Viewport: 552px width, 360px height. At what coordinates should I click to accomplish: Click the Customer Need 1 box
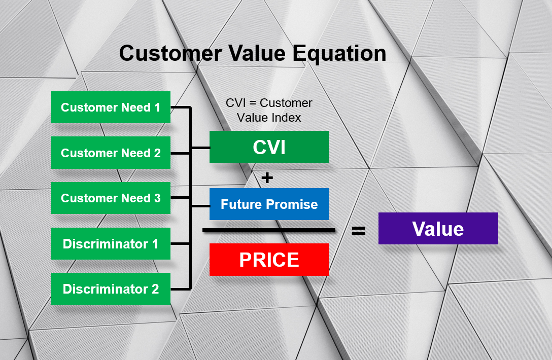[111, 107]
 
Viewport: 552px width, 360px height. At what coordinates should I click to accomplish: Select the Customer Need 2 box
[111, 153]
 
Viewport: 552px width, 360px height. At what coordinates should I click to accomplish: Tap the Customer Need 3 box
[111, 198]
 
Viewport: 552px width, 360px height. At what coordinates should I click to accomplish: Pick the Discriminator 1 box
[111, 243]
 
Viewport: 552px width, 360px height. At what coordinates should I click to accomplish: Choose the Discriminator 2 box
[111, 289]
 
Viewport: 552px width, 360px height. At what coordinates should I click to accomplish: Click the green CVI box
[269, 147]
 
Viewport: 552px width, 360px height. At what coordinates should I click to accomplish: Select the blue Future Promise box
[269, 204]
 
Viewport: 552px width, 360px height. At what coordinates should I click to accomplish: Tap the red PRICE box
[269, 260]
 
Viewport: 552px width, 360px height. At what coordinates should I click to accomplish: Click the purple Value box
[438, 229]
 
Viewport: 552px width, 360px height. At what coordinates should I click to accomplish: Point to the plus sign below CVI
[267, 177]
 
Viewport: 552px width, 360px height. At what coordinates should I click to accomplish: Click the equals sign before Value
[358, 231]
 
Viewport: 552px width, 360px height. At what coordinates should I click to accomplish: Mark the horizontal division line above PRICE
[269, 231]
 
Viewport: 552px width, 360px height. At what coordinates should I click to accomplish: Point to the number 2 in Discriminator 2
[155, 289]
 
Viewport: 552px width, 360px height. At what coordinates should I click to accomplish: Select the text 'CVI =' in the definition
[241, 103]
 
